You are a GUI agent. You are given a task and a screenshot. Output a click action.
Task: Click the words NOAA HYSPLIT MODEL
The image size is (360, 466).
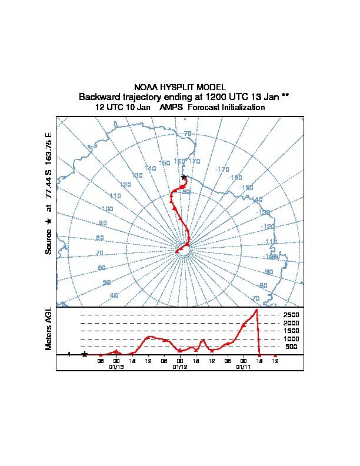click(179, 87)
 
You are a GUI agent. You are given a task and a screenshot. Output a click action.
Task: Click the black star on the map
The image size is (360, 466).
click(184, 177)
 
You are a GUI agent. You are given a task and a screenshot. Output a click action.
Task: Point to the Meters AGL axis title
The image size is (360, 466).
click(49, 329)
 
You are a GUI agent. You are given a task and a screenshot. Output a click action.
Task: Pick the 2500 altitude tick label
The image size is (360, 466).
click(291, 315)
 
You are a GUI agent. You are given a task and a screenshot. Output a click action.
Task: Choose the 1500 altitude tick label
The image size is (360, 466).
click(291, 331)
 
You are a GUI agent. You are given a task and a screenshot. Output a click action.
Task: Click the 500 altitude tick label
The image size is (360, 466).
click(291, 347)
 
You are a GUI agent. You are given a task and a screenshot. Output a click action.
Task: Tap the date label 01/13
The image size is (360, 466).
click(116, 367)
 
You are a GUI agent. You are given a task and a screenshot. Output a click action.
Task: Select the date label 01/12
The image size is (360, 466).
click(180, 367)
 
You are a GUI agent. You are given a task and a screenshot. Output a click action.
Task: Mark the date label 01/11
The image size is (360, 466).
click(244, 367)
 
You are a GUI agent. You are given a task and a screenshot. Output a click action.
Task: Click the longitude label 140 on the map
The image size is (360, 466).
click(150, 169)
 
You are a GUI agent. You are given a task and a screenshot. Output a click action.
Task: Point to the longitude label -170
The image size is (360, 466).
click(222, 169)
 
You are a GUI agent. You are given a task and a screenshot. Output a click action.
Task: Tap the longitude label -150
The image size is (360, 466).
click(247, 188)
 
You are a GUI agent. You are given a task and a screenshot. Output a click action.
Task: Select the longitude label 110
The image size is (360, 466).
click(115, 196)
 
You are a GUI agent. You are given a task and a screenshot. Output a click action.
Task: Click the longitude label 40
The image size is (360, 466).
click(114, 295)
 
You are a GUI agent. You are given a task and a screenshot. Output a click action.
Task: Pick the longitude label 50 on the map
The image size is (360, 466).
click(106, 282)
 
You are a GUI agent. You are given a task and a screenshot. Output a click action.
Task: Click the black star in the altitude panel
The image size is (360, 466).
click(85, 354)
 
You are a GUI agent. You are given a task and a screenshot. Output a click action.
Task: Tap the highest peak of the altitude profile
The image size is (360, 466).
click(256, 310)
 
